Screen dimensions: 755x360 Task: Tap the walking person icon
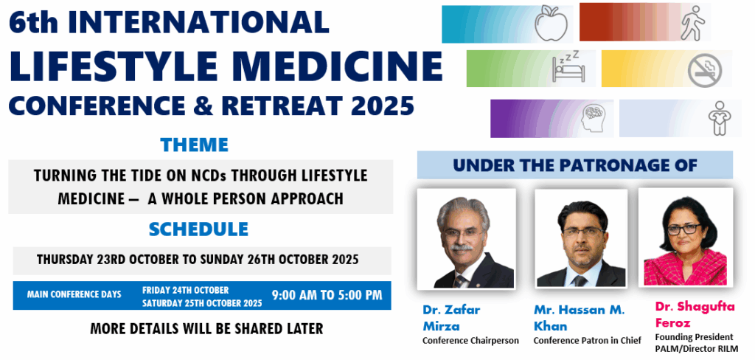692,23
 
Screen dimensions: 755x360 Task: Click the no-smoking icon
704,70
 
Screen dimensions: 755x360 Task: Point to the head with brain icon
593,119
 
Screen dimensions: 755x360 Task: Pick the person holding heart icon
720,118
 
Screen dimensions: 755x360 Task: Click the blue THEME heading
195,145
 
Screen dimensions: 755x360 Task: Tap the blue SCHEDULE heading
198,229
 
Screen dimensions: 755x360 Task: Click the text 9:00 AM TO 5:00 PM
327,295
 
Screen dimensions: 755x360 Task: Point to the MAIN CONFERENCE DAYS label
74,294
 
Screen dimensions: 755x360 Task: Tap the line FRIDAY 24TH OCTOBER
185,290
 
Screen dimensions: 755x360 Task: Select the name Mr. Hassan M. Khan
579,318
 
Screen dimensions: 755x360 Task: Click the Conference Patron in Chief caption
588,341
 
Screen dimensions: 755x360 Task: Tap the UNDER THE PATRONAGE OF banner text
575,165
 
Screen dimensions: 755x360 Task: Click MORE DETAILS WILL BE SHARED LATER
206,329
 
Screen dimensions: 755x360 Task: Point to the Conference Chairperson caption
470,341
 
